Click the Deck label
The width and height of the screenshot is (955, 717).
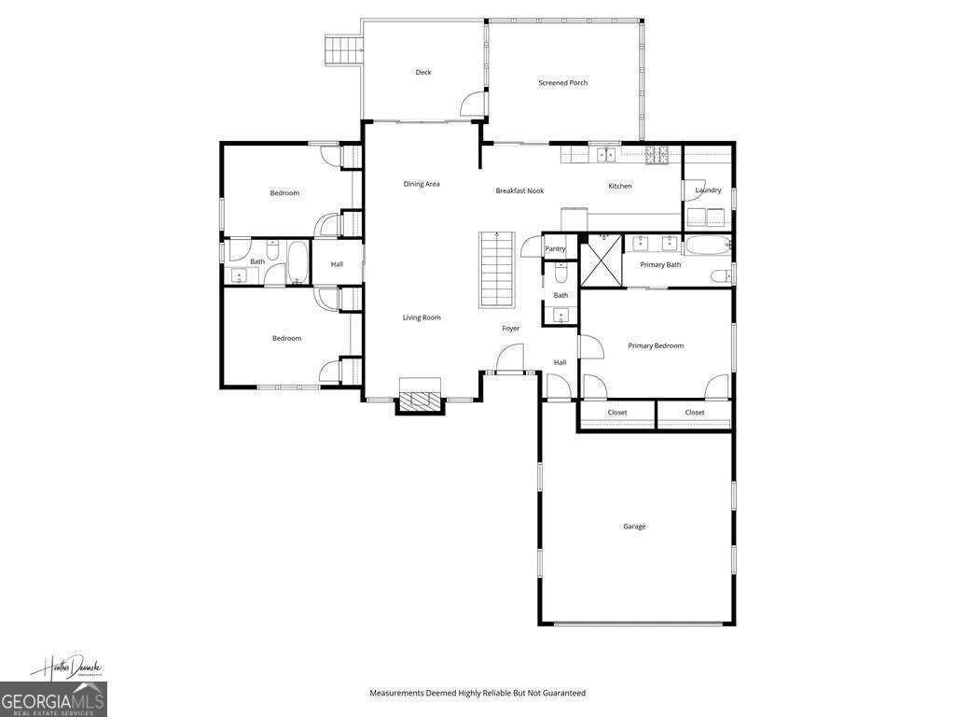click(423, 73)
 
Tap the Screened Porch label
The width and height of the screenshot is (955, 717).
click(562, 83)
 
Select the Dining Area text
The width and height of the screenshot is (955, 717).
click(422, 184)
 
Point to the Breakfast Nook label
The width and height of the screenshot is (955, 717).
click(519, 190)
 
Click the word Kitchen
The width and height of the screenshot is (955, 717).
click(620, 186)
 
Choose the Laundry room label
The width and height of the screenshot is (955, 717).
click(708, 190)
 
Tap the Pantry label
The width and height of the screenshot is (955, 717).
click(555, 249)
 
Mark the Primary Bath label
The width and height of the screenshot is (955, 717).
click(660, 265)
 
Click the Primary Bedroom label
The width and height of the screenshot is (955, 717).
click(656, 345)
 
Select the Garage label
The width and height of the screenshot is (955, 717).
click(634, 527)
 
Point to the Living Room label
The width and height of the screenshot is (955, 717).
click(422, 317)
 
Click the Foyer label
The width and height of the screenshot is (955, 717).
click(510, 329)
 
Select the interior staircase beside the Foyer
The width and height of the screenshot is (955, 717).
click(497, 270)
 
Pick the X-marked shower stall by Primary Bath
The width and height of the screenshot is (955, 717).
click(602, 260)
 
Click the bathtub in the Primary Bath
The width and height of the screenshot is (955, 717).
click(707, 246)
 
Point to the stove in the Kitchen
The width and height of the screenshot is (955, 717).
click(658, 155)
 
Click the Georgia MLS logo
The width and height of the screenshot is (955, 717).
click(53, 699)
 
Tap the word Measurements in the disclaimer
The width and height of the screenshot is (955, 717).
click(397, 693)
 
